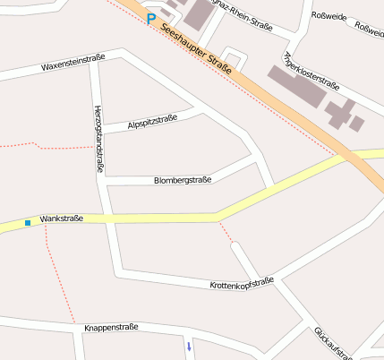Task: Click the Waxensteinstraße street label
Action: coord(73,63)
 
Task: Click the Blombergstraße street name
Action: coord(183,180)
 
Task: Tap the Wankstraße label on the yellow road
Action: coord(62,219)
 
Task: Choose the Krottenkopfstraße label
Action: coord(242,283)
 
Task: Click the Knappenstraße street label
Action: coord(111,328)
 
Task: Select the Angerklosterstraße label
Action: coord(311,73)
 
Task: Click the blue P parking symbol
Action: coord(151,18)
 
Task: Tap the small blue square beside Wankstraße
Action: coord(28,222)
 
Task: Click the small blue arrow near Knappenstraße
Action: coord(189,346)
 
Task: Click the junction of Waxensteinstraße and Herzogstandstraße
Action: coord(93,64)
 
